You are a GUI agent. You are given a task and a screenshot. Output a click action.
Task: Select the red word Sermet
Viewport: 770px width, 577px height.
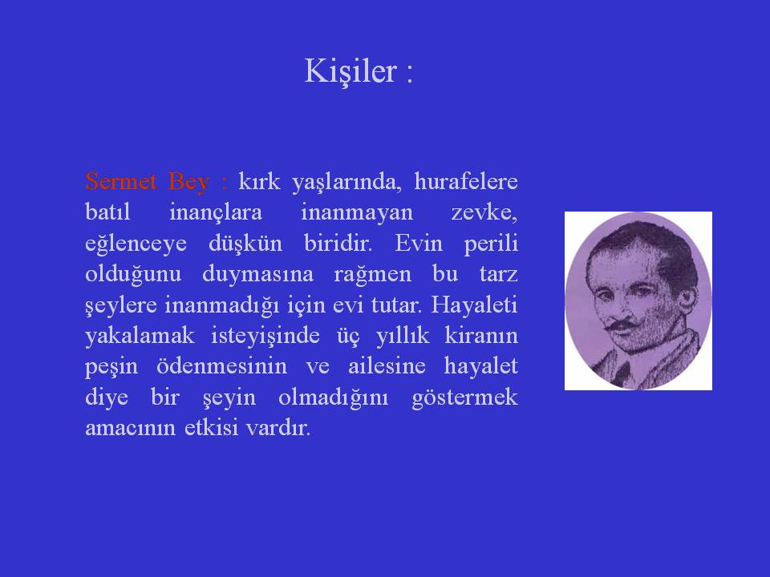[121, 181]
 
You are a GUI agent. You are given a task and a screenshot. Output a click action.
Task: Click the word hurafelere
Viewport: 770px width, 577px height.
[465, 181]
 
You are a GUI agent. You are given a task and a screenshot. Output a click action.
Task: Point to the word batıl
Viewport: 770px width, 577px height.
[107, 212]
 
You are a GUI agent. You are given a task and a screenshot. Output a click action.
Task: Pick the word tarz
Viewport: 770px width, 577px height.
[498, 274]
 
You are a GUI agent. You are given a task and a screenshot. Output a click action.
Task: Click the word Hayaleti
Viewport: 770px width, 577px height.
[474, 305]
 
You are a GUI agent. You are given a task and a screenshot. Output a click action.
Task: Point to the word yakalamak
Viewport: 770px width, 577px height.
[140, 336]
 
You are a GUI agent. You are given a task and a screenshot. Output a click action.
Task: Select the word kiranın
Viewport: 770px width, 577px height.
[481, 336]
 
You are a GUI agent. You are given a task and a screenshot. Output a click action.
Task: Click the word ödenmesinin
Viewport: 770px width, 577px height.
[221, 366]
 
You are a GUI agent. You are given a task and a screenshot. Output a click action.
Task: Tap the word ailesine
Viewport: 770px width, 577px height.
[387, 366]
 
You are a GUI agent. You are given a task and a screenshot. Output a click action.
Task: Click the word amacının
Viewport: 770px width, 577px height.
[130, 428]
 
